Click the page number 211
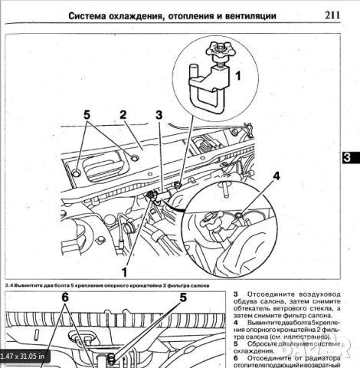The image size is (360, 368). (x=332, y=14)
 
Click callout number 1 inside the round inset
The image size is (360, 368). (x=237, y=77)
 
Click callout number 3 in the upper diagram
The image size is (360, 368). (x=159, y=116)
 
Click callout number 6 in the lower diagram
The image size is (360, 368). (x=65, y=297)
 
